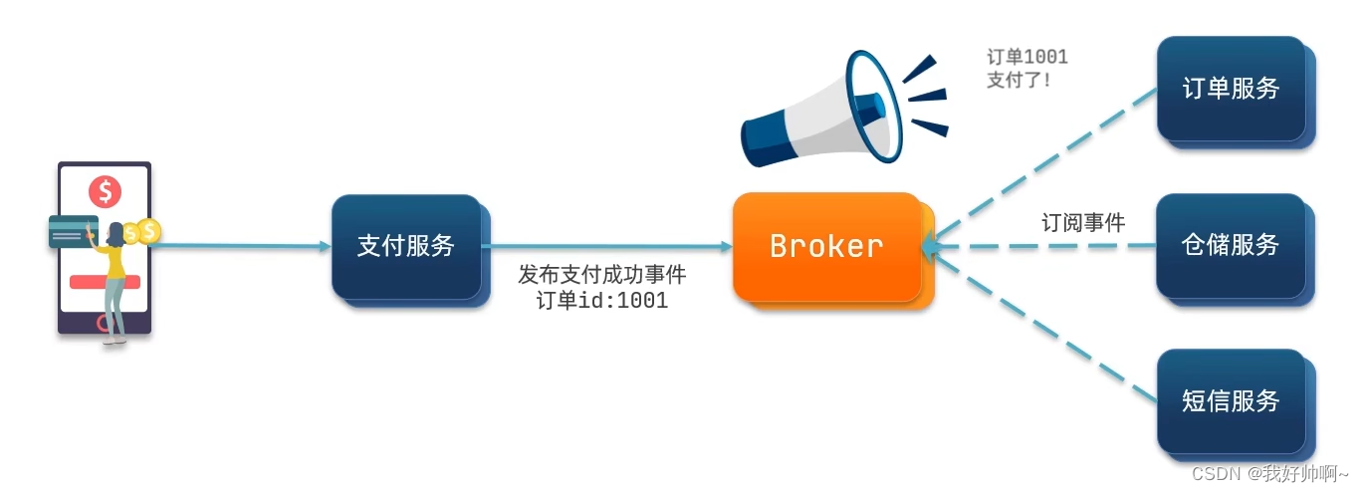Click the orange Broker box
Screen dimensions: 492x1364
click(x=826, y=246)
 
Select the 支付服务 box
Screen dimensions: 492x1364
click(x=406, y=245)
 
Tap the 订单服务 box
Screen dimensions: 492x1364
click(x=1231, y=89)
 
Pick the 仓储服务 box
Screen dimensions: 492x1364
click(x=1231, y=245)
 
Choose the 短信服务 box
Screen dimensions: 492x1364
click(x=1231, y=401)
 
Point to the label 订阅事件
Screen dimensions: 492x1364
click(x=1083, y=223)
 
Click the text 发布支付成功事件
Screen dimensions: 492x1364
click(x=602, y=275)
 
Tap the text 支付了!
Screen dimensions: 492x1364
click(x=1019, y=80)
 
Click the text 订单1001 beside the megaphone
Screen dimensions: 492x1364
click(x=1026, y=57)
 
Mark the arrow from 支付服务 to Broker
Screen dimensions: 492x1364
click(x=607, y=246)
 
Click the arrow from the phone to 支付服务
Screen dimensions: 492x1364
click(x=244, y=245)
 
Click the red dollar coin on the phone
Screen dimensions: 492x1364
click(x=105, y=189)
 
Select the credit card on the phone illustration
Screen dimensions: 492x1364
click(x=72, y=231)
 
